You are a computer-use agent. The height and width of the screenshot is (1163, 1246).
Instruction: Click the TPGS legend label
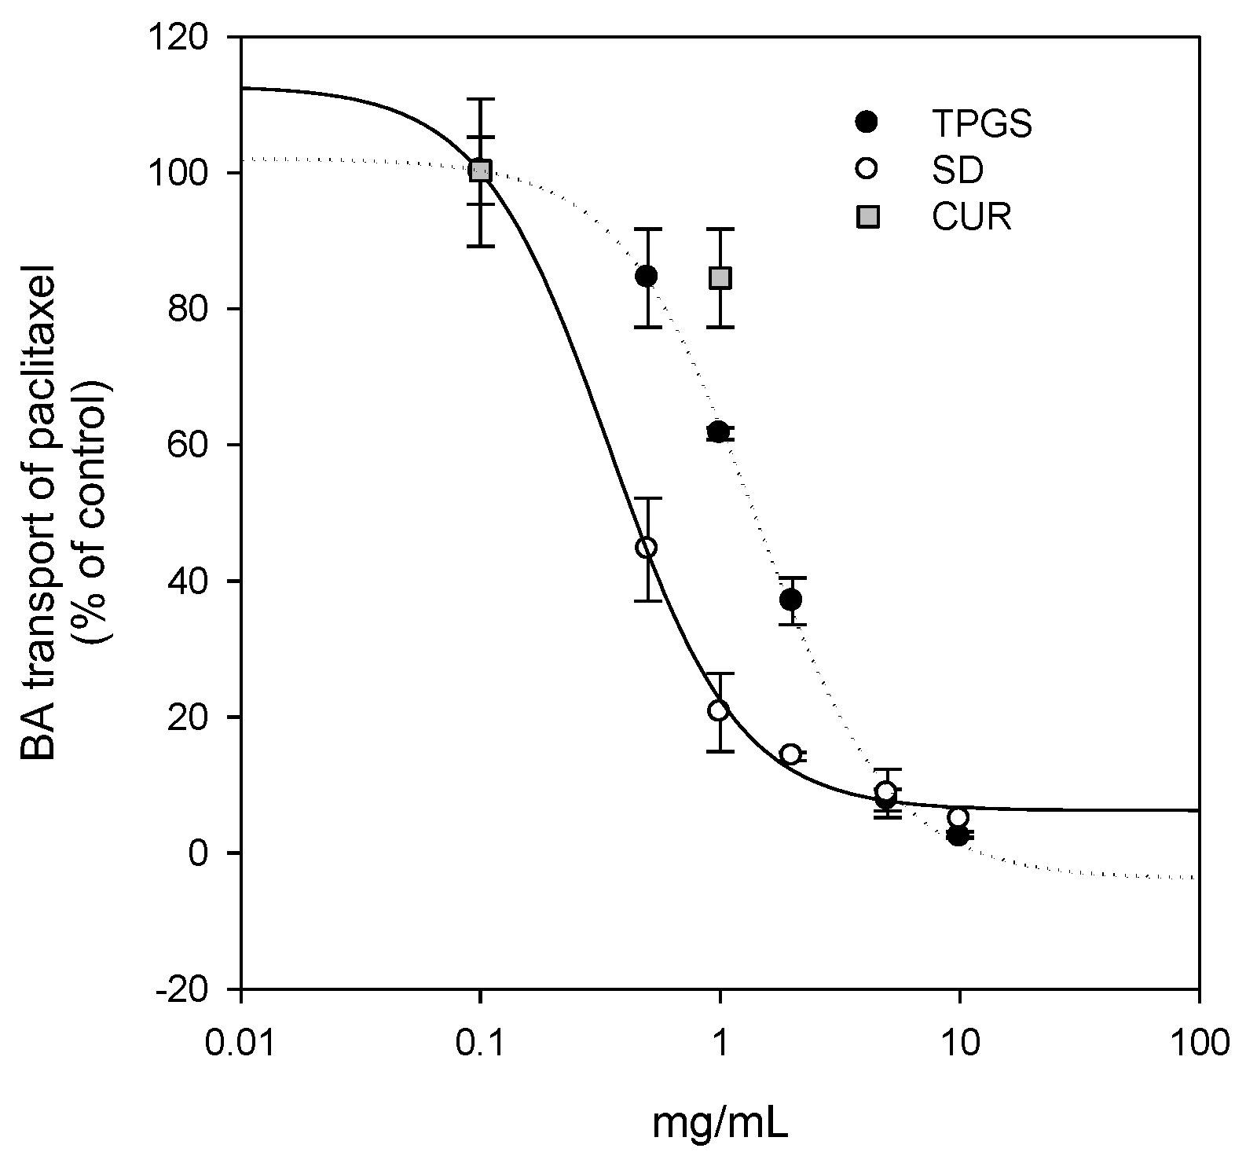[x=981, y=123]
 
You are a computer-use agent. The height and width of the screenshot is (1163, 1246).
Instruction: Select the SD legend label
[x=958, y=171]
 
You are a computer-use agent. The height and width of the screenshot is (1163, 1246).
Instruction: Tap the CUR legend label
[x=971, y=217]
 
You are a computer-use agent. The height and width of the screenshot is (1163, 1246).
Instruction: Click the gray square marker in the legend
[x=867, y=218]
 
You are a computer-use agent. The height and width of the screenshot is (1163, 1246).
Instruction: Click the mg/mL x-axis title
[x=720, y=1125]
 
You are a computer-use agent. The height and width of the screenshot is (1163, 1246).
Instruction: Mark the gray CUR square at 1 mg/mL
[x=720, y=278]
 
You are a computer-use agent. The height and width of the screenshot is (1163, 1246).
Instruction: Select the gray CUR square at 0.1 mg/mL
[x=480, y=171]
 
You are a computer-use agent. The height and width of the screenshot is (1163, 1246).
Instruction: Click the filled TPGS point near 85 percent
[x=647, y=276]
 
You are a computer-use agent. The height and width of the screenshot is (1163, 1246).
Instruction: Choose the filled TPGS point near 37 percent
[x=791, y=600]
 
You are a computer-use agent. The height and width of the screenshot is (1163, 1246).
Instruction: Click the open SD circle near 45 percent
[x=647, y=548]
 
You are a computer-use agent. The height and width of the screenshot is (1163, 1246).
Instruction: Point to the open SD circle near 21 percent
[x=718, y=710]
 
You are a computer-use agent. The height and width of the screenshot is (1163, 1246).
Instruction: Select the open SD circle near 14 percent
[x=790, y=754]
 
